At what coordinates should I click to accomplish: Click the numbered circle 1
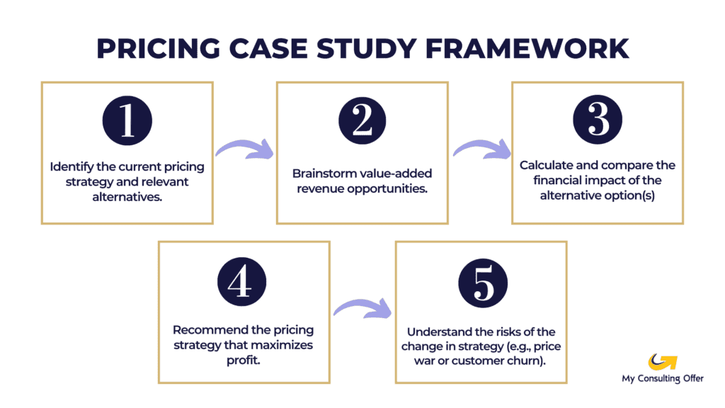click(x=127, y=121)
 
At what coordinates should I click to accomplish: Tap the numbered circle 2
click(x=362, y=121)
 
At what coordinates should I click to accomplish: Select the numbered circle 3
click(x=598, y=121)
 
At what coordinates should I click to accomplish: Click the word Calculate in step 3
click(x=545, y=165)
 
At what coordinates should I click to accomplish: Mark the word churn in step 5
click(x=532, y=361)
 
